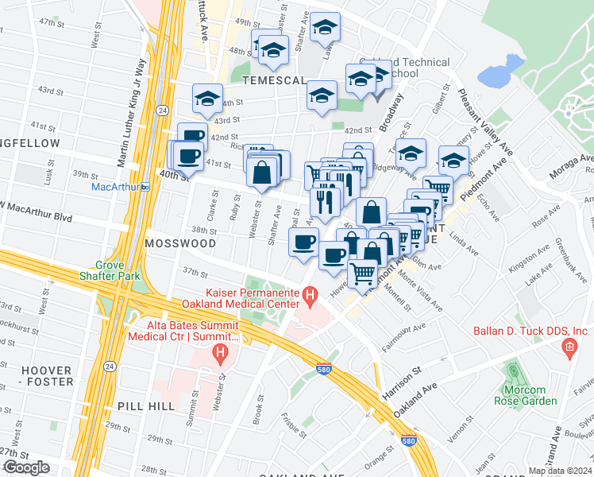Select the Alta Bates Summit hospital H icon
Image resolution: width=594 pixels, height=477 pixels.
pyautogui.click(x=226, y=351)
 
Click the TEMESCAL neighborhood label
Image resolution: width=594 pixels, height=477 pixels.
pyautogui.click(x=275, y=81)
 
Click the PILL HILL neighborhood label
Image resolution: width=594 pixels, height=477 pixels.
pyautogui.click(x=145, y=405)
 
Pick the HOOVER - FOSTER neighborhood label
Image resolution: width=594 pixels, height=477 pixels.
pyautogui.click(x=47, y=376)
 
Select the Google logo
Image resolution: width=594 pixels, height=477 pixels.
pyautogui.click(x=26, y=467)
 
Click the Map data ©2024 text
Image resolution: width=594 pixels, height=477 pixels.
pyautogui.click(x=561, y=471)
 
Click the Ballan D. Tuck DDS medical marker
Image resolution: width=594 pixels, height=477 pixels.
pyautogui.click(x=569, y=347)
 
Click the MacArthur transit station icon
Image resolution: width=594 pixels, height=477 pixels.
pyautogui.click(x=146, y=187)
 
